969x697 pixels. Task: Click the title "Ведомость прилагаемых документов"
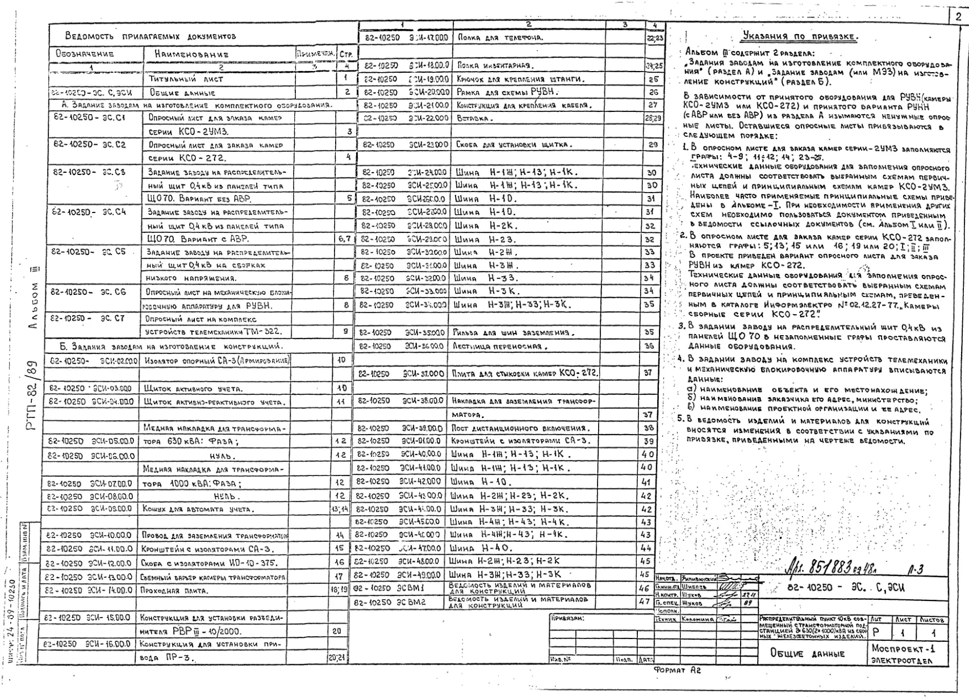(x=151, y=36)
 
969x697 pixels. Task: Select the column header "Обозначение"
(x=85, y=54)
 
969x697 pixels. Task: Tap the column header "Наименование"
(x=191, y=55)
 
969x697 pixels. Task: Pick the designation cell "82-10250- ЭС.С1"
(x=89, y=118)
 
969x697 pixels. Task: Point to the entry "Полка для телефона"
(x=500, y=37)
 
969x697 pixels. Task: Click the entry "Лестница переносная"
(x=500, y=346)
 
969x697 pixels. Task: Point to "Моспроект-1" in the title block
(x=903, y=648)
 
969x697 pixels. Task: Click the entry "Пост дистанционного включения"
(x=521, y=428)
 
